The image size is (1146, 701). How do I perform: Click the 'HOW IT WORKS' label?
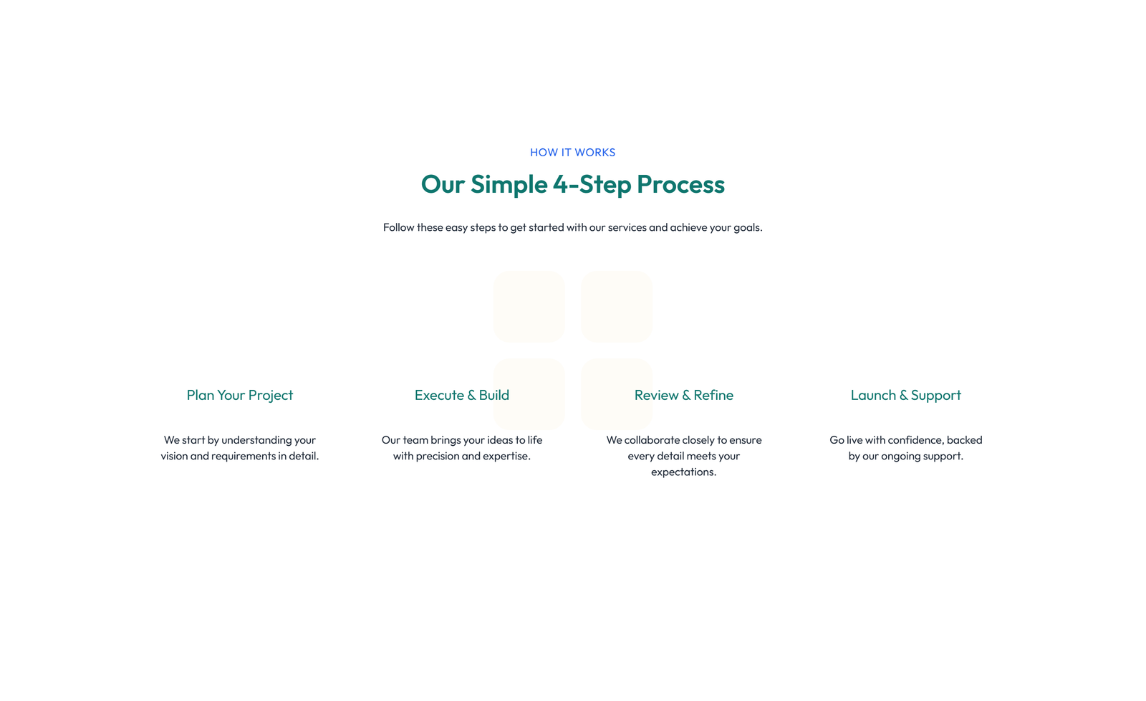click(x=572, y=152)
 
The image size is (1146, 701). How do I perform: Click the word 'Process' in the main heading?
click(x=680, y=184)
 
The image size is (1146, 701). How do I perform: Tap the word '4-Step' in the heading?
click(x=592, y=185)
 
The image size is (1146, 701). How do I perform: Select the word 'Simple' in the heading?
click(x=509, y=185)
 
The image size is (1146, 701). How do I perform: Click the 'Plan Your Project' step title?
click(x=240, y=395)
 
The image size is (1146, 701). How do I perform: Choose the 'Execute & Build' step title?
click(x=461, y=395)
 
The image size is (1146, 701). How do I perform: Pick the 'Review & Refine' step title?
click(x=683, y=395)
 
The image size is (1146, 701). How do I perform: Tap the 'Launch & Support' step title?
click(x=905, y=395)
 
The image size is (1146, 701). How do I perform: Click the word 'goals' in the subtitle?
click(x=746, y=227)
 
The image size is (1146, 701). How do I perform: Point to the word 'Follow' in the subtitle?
click(x=398, y=226)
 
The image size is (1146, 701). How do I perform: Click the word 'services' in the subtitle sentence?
click(x=627, y=227)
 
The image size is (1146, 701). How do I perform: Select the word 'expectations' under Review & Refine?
click(x=683, y=472)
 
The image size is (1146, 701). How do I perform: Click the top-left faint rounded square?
click(x=529, y=307)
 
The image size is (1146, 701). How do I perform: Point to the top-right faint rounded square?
click(x=616, y=307)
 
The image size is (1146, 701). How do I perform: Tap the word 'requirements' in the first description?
click(x=243, y=457)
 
